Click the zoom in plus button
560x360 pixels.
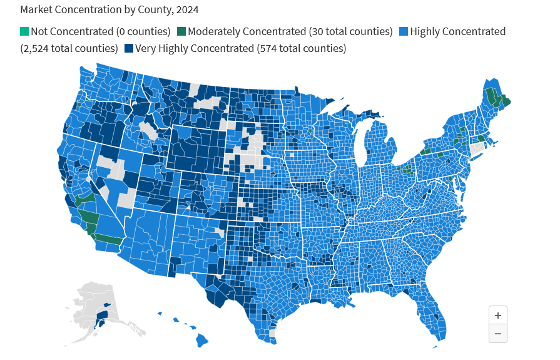coord(497,316)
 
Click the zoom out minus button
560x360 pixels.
coord(497,334)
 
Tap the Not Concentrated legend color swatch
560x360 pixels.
coord(24,31)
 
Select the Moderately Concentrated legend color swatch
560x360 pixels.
coord(181,31)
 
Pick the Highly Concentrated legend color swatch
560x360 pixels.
coord(403,31)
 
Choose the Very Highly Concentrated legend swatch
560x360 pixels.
coord(129,48)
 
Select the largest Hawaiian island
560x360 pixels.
coord(201,340)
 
